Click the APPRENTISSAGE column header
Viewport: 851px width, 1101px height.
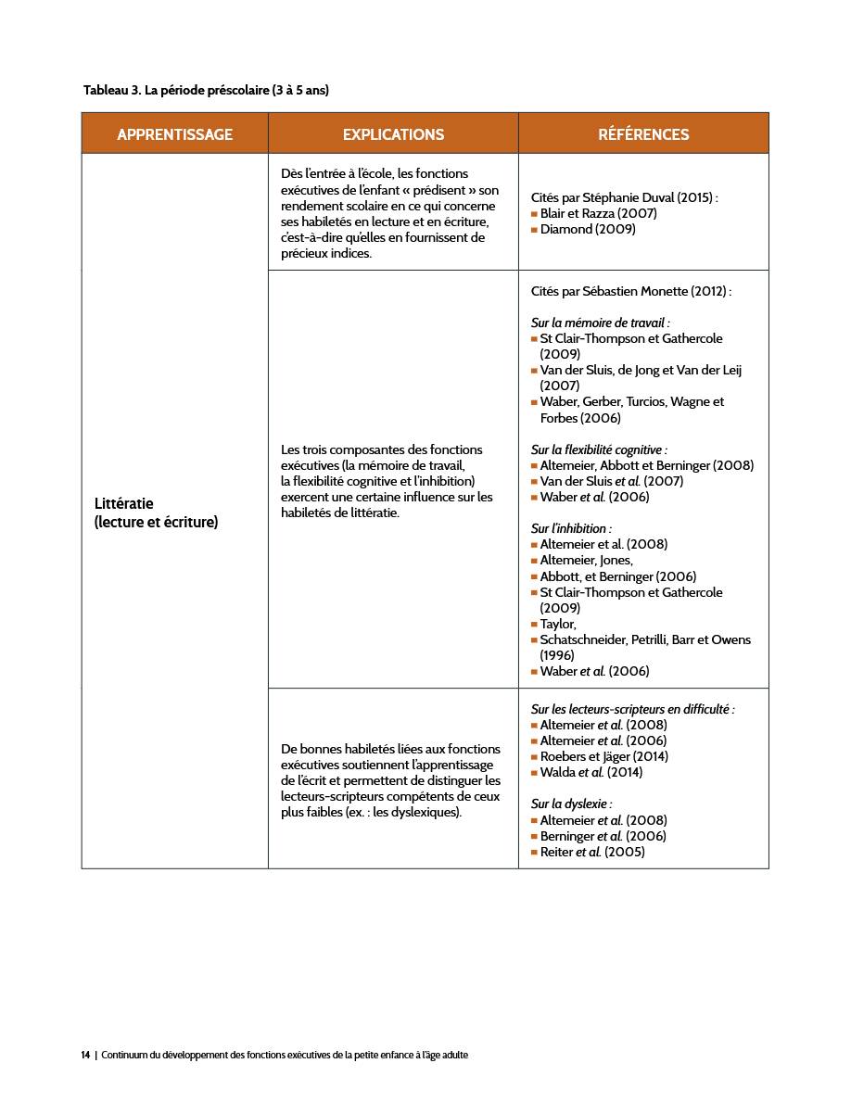[174, 134]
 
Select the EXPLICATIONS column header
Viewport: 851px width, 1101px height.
[393, 134]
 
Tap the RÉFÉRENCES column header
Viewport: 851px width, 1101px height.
[643, 134]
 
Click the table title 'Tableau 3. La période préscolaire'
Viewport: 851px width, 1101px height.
[206, 90]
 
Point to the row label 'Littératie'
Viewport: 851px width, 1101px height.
[124, 503]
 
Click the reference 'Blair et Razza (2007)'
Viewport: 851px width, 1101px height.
[598, 213]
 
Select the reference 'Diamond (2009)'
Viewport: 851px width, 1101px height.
[588, 229]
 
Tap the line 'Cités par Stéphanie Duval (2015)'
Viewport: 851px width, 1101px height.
[624, 197]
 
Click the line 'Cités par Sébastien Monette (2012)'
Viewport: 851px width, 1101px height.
[630, 291]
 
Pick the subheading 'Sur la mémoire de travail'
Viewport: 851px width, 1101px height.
[600, 323]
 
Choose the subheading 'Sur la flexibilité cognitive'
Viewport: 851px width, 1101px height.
[599, 449]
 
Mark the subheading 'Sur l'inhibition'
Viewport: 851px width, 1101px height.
[571, 528]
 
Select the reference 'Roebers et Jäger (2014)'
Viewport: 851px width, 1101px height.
[603, 756]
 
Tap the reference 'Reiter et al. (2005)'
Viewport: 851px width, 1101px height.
[592, 852]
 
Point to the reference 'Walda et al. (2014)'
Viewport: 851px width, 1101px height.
[591, 772]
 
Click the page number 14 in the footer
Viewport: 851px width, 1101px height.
[85, 1055]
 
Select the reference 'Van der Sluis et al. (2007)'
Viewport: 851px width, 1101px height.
[611, 481]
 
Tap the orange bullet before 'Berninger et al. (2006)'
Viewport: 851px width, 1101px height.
[534, 836]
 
